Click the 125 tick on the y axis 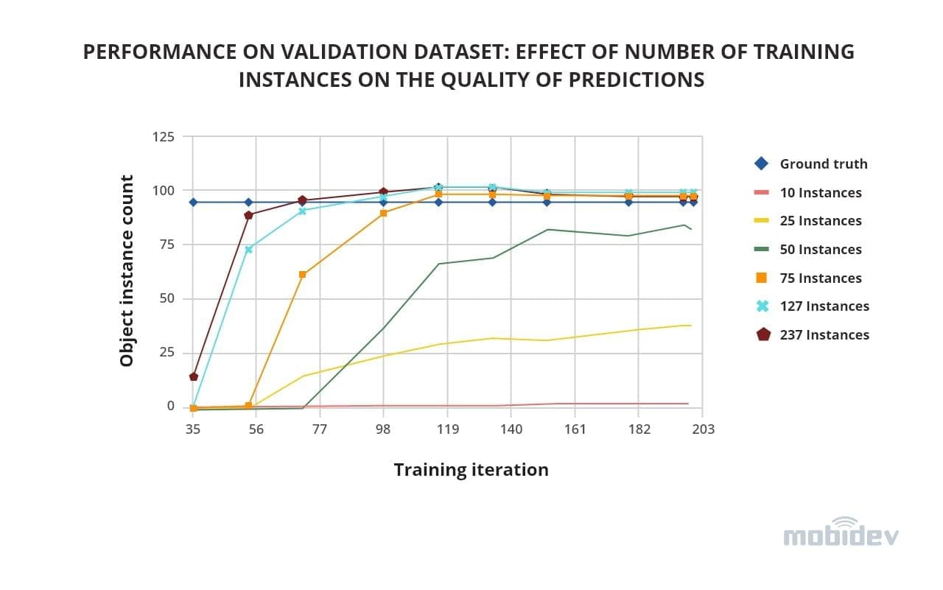(x=164, y=137)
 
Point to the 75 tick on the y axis (x=167, y=245)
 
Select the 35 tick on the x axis (x=192, y=429)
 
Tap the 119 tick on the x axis (x=447, y=429)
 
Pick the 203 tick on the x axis (x=703, y=429)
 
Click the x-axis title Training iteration (x=471, y=470)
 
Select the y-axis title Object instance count (x=127, y=271)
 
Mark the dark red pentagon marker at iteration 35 (x=194, y=376)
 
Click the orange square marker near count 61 (x=302, y=275)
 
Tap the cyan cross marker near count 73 (x=248, y=250)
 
